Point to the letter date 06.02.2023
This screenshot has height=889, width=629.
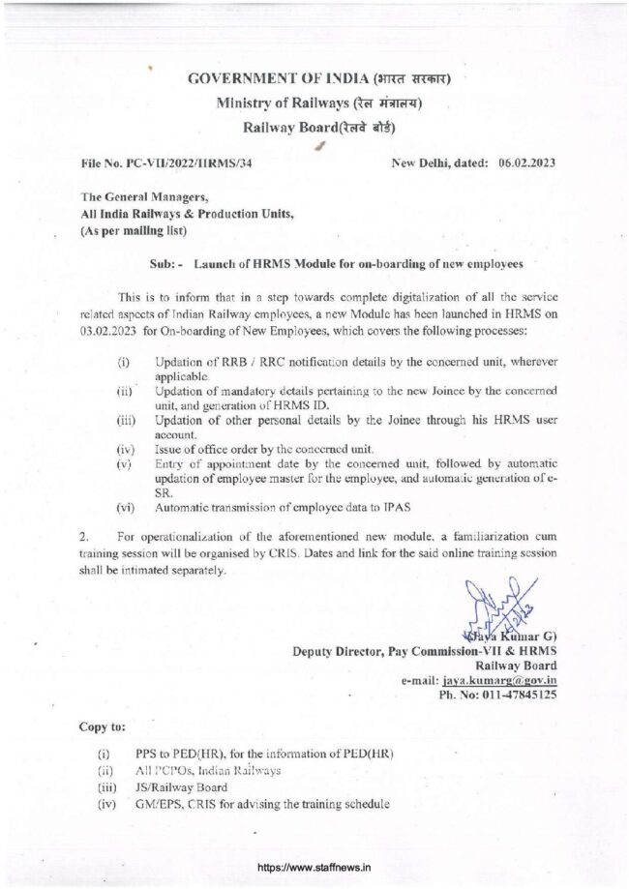526,163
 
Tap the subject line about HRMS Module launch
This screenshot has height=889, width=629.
358,263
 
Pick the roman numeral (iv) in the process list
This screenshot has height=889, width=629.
124,450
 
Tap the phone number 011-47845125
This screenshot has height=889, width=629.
510,695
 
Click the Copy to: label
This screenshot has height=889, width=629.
102,726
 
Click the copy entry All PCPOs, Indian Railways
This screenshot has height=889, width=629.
208,770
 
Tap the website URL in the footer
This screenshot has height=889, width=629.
314,868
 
